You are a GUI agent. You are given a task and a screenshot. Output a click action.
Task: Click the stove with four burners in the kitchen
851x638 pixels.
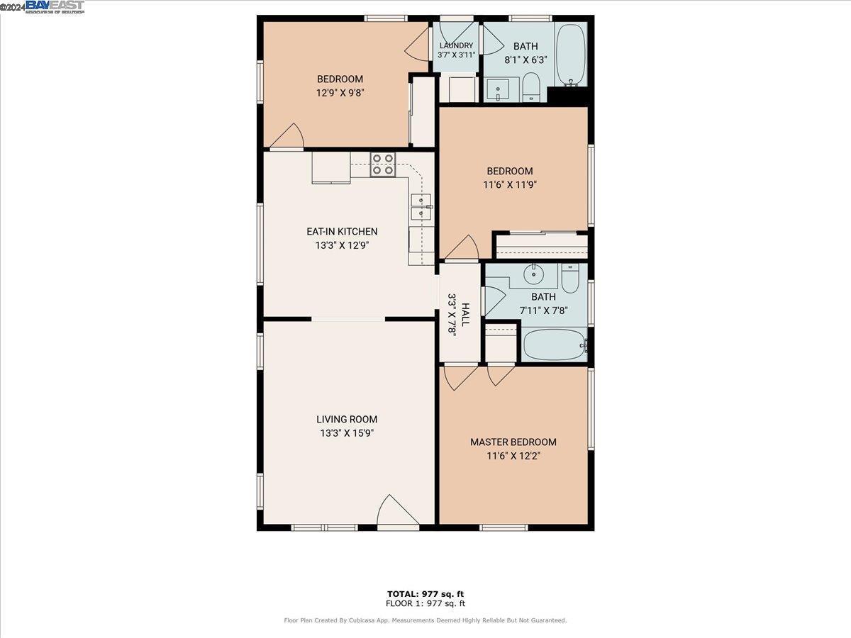(x=383, y=164)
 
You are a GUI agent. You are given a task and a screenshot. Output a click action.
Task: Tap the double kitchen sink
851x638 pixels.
(x=422, y=208)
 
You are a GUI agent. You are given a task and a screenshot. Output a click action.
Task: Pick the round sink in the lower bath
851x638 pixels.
(x=533, y=274)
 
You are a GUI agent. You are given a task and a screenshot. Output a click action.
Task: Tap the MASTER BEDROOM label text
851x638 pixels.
(x=513, y=442)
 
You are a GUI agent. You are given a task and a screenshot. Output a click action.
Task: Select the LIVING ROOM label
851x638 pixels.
(x=347, y=419)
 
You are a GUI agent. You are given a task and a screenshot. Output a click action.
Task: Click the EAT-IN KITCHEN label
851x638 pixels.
(x=342, y=232)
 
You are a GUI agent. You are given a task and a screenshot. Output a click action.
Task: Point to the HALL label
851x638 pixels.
(x=465, y=313)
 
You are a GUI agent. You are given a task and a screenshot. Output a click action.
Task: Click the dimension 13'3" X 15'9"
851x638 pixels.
(x=347, y=433)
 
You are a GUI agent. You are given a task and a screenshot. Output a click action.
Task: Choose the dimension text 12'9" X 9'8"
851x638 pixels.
(x=340, y=92)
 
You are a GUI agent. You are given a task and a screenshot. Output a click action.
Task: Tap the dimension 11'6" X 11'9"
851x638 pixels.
(x=509, y=185)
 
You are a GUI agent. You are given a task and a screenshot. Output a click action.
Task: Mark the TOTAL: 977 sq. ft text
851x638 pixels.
(x=425, y=593)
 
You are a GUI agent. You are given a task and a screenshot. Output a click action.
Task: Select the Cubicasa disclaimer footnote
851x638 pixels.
(x=425, y=620)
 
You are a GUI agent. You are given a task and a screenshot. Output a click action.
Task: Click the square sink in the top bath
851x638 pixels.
(x=499, y=91)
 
